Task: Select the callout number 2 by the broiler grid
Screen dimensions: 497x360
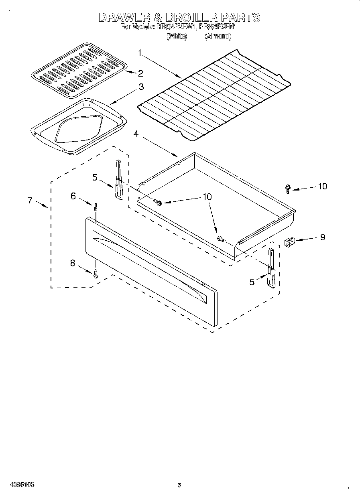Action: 140,73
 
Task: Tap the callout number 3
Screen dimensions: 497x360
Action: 141,86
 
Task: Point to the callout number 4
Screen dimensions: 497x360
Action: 136,134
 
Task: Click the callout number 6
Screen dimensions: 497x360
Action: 73,196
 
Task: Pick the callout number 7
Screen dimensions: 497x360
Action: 30,200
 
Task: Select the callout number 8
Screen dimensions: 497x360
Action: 73,263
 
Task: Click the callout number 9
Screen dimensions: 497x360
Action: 322,237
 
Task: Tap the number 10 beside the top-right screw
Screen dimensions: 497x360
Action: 322,186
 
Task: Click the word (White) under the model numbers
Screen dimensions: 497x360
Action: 176,37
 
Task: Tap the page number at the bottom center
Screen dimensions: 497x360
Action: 179,485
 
